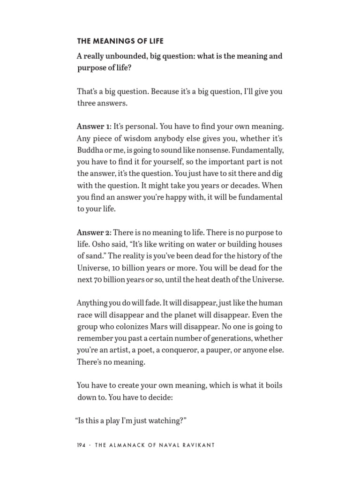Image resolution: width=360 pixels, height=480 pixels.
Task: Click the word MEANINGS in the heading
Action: click(x=108, y=41)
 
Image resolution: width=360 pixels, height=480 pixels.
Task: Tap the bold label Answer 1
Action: click(x=94, y=127)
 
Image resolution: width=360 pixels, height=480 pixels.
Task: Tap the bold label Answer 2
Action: click(x=94, y=232)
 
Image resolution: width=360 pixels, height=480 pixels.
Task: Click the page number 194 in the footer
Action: click(x=82, y=445)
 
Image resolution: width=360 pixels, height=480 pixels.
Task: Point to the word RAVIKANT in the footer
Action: click(x=196, y=445)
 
